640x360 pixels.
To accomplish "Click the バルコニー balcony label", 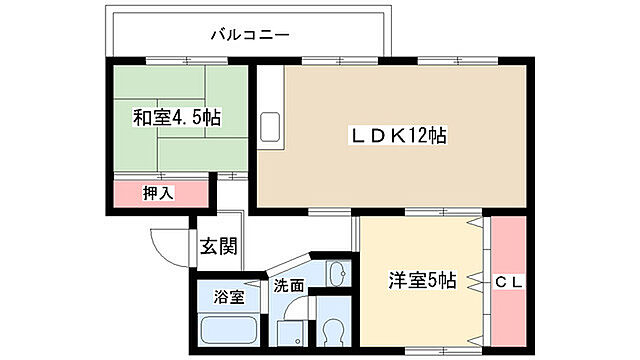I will (249, 35).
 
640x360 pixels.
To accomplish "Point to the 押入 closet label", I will (157, 192).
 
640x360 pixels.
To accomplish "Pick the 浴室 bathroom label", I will (229, 297).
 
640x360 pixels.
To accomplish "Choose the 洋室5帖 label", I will (421, 281).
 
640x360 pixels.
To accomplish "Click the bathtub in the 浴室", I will (229, 329).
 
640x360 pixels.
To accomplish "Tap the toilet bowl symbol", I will (331, 333).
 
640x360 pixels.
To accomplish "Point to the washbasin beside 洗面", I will (337, 273).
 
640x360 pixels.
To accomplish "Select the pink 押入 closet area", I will (161, 192).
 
